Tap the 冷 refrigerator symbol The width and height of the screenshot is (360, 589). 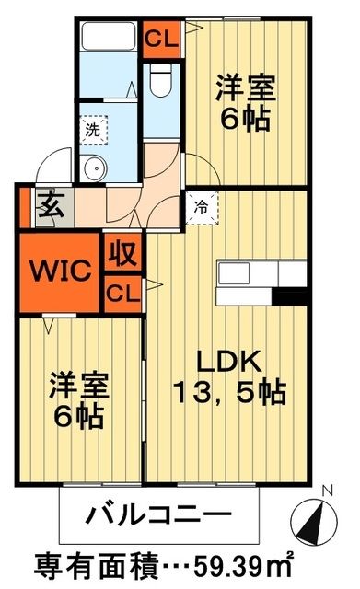pos(200,207)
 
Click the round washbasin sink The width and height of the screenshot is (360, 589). pos(92,167)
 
